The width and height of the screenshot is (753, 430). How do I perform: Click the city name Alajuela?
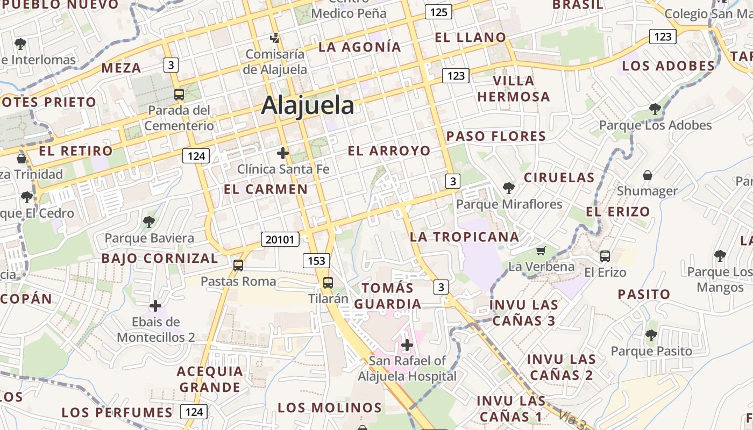[307, 105]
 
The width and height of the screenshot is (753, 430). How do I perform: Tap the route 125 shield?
[438, 12]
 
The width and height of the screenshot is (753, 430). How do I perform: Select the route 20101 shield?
[280, 239]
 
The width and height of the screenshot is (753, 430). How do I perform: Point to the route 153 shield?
[316, 261]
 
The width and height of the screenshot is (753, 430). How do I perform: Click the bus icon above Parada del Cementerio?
[179, 95]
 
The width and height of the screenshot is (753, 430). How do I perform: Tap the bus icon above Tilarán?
[328, 282]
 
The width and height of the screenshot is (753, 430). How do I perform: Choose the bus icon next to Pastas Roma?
[238, 265]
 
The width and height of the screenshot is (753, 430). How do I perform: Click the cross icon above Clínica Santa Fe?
[283, 153]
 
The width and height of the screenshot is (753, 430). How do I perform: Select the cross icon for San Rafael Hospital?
[407, 345]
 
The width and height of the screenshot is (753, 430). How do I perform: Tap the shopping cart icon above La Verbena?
[541, 250]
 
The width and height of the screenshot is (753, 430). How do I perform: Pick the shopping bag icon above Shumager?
[648, 175]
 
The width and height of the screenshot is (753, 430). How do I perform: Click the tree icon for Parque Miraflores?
[508, 188]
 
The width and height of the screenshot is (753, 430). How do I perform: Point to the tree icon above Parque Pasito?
[651, 335]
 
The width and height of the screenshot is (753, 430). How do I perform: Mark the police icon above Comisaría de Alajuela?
[275, 38]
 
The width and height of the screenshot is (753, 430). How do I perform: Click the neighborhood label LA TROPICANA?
[464, 237]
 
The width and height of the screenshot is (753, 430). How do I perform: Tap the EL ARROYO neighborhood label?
[389, 151]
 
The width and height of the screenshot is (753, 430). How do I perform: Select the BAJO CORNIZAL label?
[160, 259]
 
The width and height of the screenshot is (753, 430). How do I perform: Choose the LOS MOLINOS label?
[330, 407]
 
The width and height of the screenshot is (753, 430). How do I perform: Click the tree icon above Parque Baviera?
[149, 221]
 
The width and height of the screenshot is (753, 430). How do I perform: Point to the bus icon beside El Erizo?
[605, 256]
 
